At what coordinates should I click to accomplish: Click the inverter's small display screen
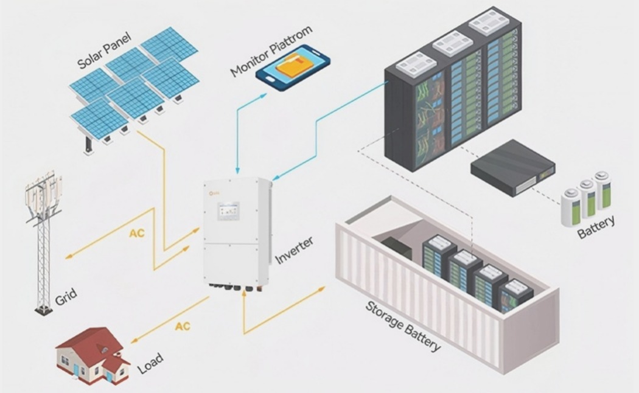pyautogui.click(x=228, y=211)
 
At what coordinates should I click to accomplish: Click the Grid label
pyautogui.click(x=66, y=298)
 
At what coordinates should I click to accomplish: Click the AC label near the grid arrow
pyautogui.click(x=137, y=234)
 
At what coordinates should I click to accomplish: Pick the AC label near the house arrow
pyautogui.click(x=183, y=327)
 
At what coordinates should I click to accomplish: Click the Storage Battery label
pyautogui.click(x=403, y=326)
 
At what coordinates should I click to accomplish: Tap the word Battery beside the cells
pyautogui.click(x=596, y=228)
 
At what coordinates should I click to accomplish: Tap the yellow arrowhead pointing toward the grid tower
pyautogui.click(x=67, y=257)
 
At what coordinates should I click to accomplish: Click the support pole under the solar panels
pyautogui.click(x=89, y=145)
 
